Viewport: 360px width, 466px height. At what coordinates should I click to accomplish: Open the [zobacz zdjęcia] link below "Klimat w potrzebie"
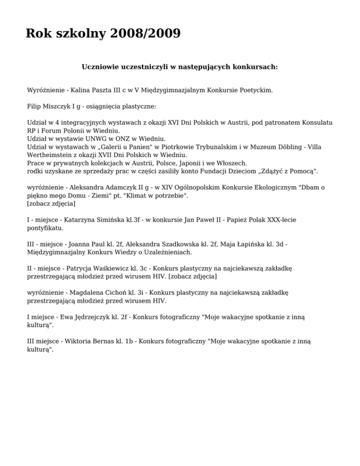click(52, 204)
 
